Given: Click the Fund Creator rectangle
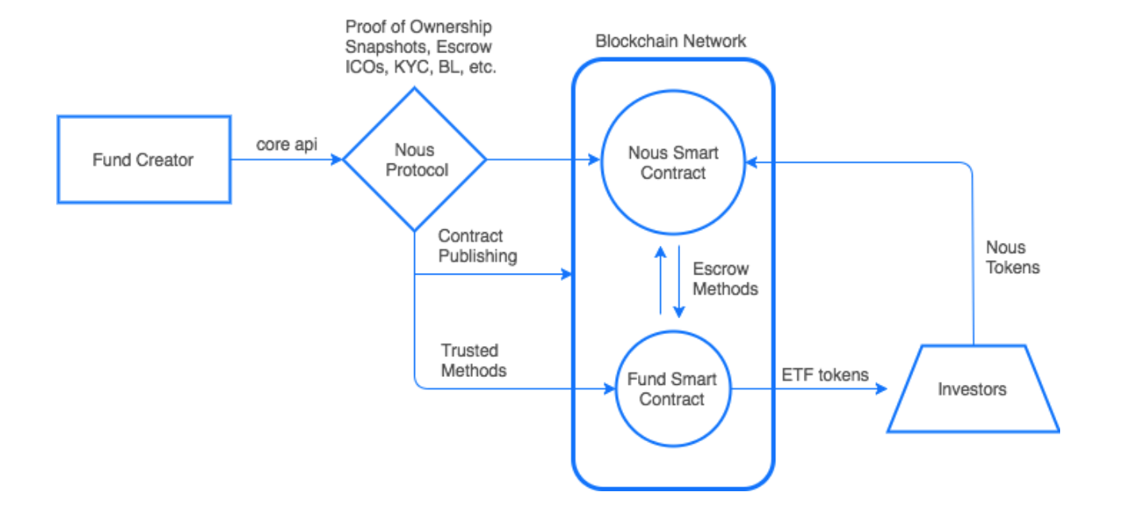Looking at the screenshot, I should tap(144, 160).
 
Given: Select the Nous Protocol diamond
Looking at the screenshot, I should tap(414, 160).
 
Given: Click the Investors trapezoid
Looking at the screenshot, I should tap(972, 389).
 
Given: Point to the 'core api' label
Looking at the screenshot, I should tap(286, 145).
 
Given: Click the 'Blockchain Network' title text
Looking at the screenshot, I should tap(671, 41).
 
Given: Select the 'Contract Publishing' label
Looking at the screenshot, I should tap(478, 246).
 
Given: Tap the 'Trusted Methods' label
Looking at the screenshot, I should tap(474, 360).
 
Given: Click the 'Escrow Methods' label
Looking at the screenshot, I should tap(725, 279).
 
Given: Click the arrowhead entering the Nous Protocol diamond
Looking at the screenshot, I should tap(337, 160).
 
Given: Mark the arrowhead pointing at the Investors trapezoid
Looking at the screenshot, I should tap(882, 390).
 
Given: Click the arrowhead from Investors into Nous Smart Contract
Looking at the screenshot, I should tap(751, 163).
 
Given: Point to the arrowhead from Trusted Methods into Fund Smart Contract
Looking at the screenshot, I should tap(610, 389).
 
